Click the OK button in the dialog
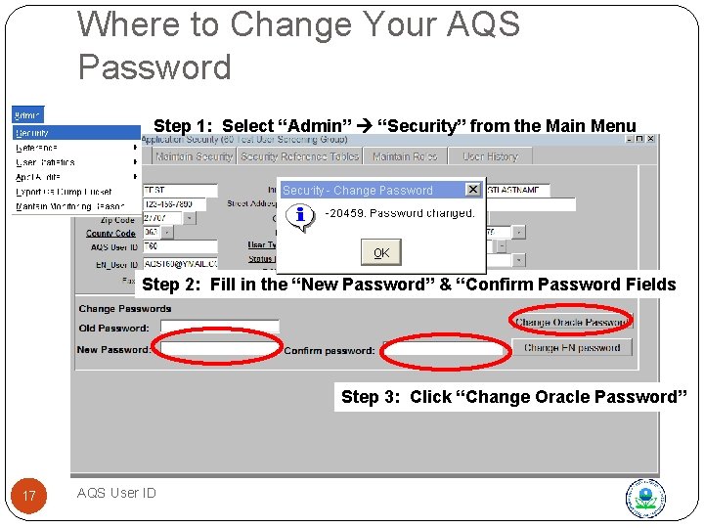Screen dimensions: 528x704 pos(381,252)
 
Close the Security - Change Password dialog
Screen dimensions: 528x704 pos(473,190)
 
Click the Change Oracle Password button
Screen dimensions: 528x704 pos(572,322)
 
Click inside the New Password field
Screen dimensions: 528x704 pos(219,348)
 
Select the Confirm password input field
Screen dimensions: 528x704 pos(445,349)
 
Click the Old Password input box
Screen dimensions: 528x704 pos(220,328)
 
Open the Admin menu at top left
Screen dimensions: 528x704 pos(27,115)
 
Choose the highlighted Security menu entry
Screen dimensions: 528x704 pos(33,132)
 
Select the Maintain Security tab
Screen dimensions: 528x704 pos(194,156)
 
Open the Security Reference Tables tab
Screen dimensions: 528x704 pos(299,156)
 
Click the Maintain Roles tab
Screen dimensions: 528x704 pos(404,156)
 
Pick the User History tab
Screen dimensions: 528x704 pos(490,156)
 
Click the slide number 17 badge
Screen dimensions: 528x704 pos(29,496)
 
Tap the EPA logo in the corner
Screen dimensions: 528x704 pos(645,498)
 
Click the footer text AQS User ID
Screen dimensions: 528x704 pos(116,493)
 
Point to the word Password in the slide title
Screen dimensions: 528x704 pos(154,67)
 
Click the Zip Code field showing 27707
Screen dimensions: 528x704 pos(156,218)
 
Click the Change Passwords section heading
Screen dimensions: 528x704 pos(125,309)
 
